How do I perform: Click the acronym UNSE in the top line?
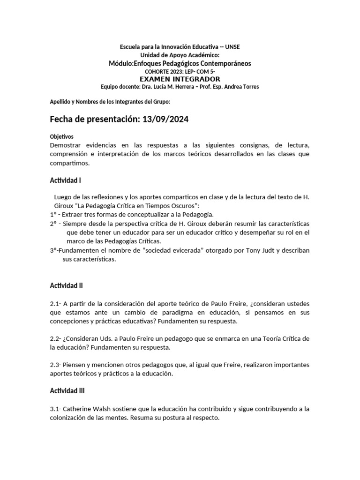(232, 47)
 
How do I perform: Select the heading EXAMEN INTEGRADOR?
(180, 79)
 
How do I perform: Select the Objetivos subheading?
(62, 137)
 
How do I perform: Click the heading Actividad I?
(66, 180)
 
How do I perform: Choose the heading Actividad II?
(67, 285)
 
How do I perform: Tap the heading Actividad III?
(67, 390)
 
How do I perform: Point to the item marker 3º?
(53, 250)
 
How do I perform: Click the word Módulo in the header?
(120, 63)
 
